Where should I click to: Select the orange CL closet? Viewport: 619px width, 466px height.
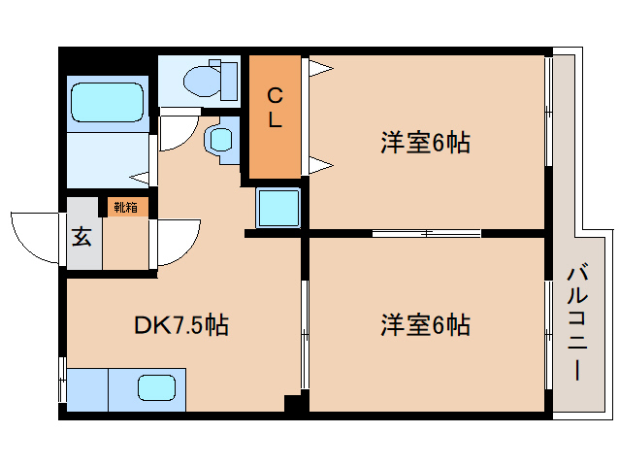click(275, 116)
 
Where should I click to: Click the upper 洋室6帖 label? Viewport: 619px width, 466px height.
click(425, 144)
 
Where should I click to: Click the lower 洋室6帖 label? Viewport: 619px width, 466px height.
click(425, 325)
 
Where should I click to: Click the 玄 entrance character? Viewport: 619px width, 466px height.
click(81, 236)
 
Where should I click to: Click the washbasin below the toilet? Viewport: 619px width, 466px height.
click(219, 138)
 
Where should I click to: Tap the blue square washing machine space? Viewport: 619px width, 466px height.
click(278, 206)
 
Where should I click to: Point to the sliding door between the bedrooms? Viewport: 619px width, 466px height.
click(426, 233)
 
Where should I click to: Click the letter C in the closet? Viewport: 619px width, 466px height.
click(275, 95)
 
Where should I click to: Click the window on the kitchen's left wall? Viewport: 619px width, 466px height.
click(63, 383)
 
